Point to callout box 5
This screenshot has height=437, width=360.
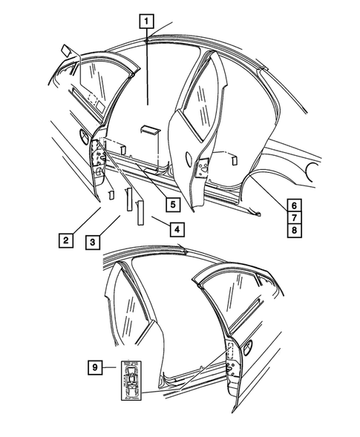[171, 203]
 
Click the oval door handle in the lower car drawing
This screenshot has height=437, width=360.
[247, 344]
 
